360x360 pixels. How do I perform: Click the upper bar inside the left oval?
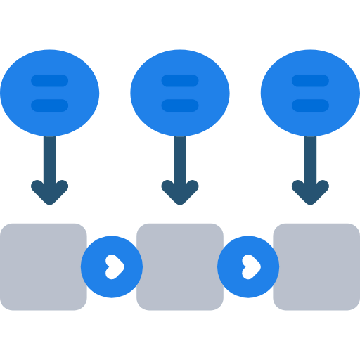[x=50, y=81]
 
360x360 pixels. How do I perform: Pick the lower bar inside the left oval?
[x=50, y=105]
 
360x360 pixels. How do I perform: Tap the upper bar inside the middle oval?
[x=180, y=81]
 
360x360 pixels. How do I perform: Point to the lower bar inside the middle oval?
[x=180, y=105]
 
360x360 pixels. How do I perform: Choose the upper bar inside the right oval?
[x=310, y=81]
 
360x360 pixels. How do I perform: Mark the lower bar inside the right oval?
[x=310, y=105]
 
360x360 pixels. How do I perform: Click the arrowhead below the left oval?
[x=50, y=193]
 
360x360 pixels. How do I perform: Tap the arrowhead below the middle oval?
[x=180, y=193]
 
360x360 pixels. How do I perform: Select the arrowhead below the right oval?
[x=310, y=193]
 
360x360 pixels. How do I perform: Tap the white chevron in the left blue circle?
[x=113, y=266]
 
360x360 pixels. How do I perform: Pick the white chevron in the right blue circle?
[x=250, y=266]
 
